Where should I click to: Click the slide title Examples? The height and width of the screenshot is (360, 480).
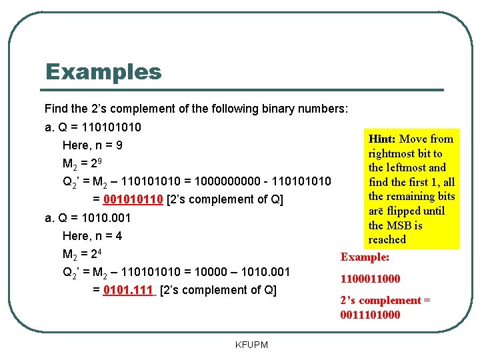click(103, 71)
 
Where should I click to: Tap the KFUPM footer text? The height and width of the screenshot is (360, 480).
click(252, 345)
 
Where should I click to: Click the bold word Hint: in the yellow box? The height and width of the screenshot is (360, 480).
click(382, 139)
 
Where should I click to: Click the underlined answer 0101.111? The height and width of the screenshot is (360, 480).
click(129, 290)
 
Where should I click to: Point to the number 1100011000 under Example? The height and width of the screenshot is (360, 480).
click(371, 279)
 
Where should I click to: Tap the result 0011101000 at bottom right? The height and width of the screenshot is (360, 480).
click(371, 315)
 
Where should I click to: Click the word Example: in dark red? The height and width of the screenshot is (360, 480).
click(365, 257)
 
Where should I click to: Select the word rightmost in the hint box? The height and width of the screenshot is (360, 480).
click(393, 153)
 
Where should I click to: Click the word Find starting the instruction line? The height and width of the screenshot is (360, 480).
click(56, 108)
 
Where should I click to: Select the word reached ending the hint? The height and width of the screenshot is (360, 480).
click(387, 239)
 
